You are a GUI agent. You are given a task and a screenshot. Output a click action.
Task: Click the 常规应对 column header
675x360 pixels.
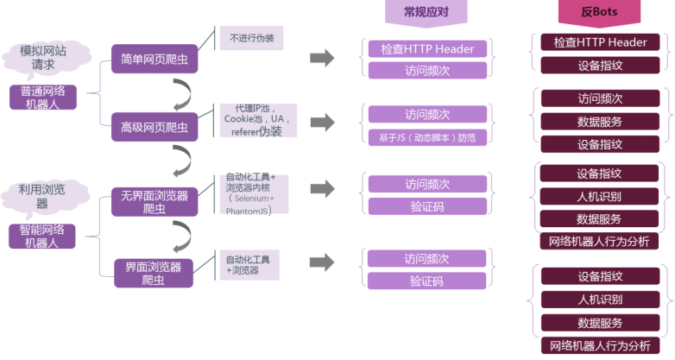(x=426, y=12)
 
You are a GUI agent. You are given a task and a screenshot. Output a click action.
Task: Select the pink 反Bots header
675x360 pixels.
(x=599, y=12)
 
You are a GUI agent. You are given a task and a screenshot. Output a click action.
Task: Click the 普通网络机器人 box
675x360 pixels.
(x=44, y=97)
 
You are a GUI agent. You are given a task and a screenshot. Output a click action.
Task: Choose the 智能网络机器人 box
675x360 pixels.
(x=42, y=236)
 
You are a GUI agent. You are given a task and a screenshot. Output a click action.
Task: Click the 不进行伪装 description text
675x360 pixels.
(x=251, y=39)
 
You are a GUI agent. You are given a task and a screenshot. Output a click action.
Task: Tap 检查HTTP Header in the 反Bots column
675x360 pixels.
(x=600, y=42)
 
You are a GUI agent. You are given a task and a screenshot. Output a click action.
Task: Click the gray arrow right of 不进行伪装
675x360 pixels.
(x=322, y=58)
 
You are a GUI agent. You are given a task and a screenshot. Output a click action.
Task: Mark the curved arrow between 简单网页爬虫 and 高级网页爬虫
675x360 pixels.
(x=182, y=92)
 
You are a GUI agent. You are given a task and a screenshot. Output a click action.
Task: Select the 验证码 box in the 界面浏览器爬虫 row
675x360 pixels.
(x=427, y=281)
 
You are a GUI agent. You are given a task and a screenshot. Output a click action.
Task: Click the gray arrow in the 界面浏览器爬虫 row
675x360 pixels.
(x=322, y=262)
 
